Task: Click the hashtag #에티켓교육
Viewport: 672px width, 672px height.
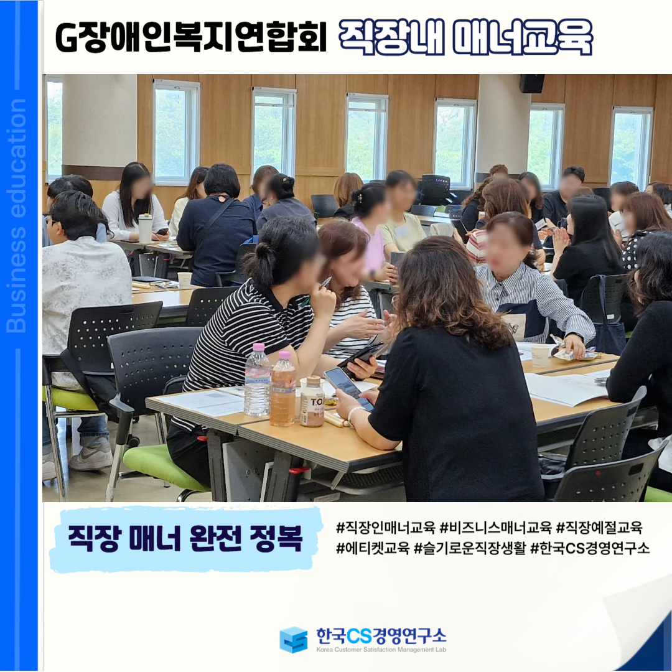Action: click(x=373, y=548)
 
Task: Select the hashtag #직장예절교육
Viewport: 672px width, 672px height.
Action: click(x=599, y=527)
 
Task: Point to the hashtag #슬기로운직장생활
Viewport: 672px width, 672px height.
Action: click(x=469, y=548)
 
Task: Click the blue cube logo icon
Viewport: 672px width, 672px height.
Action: click(x=294, y=640)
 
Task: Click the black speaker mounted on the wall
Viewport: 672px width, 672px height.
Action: click(x=532, y=83)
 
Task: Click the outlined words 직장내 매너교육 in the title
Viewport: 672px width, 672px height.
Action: click(x=465, y=37)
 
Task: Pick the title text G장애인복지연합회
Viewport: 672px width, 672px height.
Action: click(x=191, y=37)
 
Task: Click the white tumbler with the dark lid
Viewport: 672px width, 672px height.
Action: click(x=145, y=228)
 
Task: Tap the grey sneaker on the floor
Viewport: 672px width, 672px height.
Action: click(x=91, y=457)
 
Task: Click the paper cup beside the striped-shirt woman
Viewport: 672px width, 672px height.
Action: click(x=540, y=356)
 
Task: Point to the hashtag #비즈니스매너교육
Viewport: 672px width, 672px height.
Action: click(x=495, y=527)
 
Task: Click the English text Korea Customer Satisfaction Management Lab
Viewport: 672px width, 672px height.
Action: click(x=381, y=650)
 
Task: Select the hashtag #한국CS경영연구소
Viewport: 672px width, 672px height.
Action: click(x=590, y=548)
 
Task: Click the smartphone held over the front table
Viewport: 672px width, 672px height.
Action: click(x=348, y=387)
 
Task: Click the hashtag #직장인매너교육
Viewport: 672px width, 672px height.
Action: click(x=386, y=527)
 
